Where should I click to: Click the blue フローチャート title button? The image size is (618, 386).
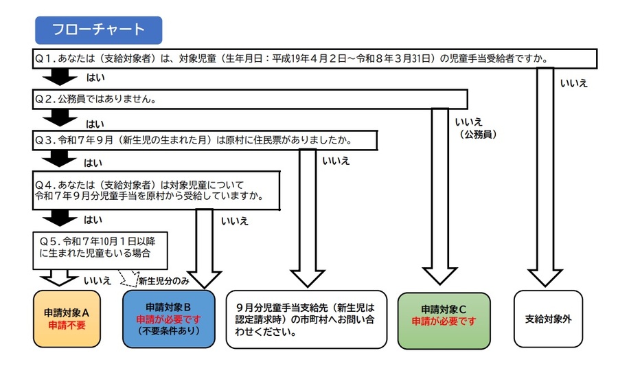pyautogui.click(x=98, y=30)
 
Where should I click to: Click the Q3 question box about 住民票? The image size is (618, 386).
pyautogui.click(x=206, y=140)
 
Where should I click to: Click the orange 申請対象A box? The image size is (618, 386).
pyautogui.click(x=67, y=318)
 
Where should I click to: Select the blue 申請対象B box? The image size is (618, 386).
pyautogui.click(x=168, y=318)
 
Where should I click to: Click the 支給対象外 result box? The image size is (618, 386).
pyautogui.click(x=548, y=319)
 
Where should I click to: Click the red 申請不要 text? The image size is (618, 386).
pyautogui.click(x=67, y=325)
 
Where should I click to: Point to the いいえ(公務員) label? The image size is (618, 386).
pyautogui.click(x=474, y=128)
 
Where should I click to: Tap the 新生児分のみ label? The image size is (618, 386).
pyautogui.click(x=163, y=281)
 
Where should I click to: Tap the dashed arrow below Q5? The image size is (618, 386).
pyautogui.click(x=127, y=278)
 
